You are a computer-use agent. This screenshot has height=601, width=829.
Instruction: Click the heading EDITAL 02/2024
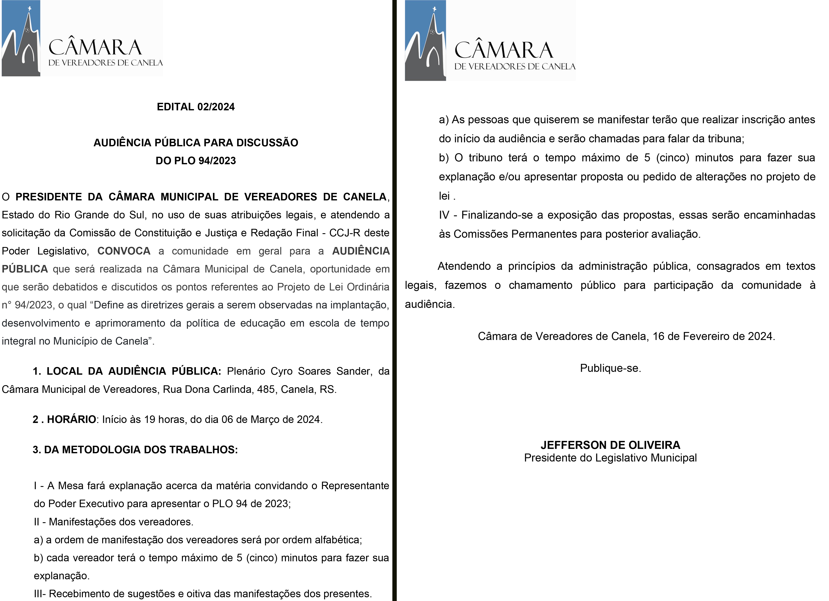195,107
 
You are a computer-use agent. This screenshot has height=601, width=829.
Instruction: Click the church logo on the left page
21,38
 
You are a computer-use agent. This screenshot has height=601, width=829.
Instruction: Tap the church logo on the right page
425,41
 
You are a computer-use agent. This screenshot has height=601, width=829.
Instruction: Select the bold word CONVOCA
124,251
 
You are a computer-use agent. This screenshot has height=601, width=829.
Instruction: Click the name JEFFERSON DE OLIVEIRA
610,445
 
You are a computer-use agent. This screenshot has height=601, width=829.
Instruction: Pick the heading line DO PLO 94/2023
195,160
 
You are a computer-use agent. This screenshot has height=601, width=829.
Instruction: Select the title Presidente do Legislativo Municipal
610,458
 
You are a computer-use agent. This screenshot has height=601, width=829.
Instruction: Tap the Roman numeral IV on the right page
444,215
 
